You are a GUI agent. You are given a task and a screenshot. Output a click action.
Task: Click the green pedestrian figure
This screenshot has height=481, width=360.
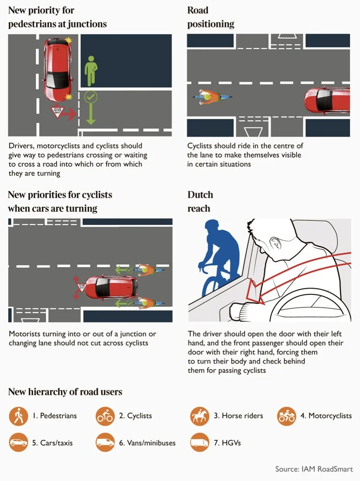(x=91, y=71)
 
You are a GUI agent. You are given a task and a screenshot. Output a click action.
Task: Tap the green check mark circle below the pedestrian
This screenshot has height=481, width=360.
(x=90, y=97)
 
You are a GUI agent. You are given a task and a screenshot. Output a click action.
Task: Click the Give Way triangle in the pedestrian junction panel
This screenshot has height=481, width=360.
(x=57, y=112)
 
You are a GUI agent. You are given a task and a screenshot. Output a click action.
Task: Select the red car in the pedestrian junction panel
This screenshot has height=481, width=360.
(x=58, y=69)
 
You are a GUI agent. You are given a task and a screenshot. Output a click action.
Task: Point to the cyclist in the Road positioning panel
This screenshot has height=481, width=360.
(x=212, y=97)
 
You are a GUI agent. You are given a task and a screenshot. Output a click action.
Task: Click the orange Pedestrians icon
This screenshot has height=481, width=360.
(x=18, y=416)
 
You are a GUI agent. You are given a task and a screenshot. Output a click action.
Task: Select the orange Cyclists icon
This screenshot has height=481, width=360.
(x=105, y=416)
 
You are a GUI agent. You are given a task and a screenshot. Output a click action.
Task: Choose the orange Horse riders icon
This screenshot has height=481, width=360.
(x=199, y=416)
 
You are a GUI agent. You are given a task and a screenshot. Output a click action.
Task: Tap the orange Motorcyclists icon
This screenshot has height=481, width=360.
(x=286, y=416)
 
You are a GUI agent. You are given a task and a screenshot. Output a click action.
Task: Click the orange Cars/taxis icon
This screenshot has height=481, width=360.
(x=18, y=443)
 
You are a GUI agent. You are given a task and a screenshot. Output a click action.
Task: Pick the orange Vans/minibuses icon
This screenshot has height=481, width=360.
(x=105, y=443)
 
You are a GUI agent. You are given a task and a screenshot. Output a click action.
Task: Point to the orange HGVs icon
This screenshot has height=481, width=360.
(x=199, y=443)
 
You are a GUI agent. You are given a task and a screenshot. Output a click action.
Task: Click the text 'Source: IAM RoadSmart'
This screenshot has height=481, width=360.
(x=314, y=468)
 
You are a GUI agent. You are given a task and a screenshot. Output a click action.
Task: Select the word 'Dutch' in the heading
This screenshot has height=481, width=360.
(x=200, y=195)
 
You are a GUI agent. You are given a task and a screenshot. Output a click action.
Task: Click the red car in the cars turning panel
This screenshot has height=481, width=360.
(x=111, y=288)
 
